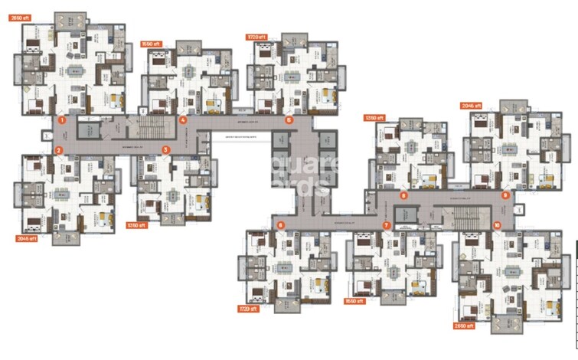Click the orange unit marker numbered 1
tap(63, 120)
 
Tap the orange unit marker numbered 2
tap(58, 150)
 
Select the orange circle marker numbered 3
tap(165, 150)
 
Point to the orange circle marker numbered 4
tap(183, 120)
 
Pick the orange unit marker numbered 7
tap(387, 225)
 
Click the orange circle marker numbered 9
tap(505, 195)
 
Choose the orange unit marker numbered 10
tap(497, 225)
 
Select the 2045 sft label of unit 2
tap(27, 238)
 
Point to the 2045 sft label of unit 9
tap(470, 106)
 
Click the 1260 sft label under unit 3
tap(136, 225)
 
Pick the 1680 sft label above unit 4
tap(152, 44)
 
